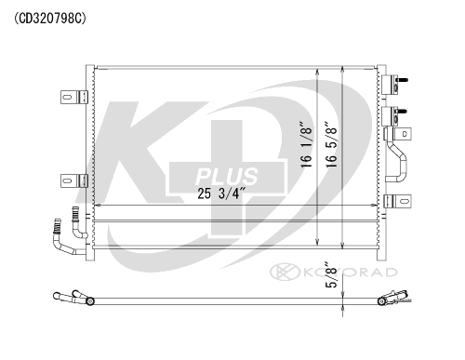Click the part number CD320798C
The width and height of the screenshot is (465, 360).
coord(49,19)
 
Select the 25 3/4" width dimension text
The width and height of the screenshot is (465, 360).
coord(221,193)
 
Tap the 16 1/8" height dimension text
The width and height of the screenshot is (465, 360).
coord(306,144)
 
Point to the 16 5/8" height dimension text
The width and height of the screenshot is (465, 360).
coord(331,144)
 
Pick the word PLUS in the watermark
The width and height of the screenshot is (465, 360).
coord(227,176)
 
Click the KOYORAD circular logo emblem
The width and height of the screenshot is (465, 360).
coord(285,272)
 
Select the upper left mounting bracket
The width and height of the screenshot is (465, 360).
coord(74,97)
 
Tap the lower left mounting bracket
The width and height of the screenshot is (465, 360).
coord(74,180)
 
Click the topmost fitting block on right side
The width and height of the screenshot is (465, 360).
coord(391,85)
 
